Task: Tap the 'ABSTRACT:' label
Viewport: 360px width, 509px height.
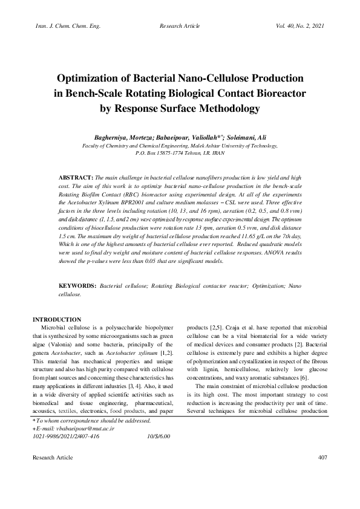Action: pos(75,180)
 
